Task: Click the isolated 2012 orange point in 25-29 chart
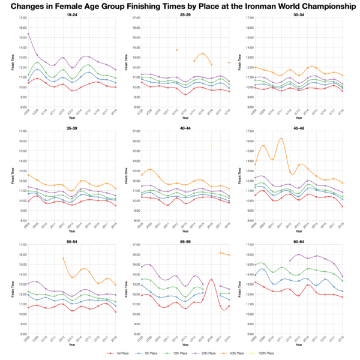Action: [x=176, y=50]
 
